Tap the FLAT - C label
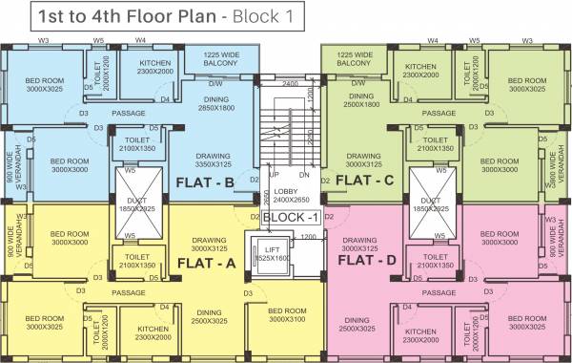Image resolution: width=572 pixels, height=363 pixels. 365,180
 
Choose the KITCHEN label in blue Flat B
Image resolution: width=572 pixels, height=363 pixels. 153,66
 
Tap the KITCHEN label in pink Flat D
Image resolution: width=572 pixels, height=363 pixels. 420,334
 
